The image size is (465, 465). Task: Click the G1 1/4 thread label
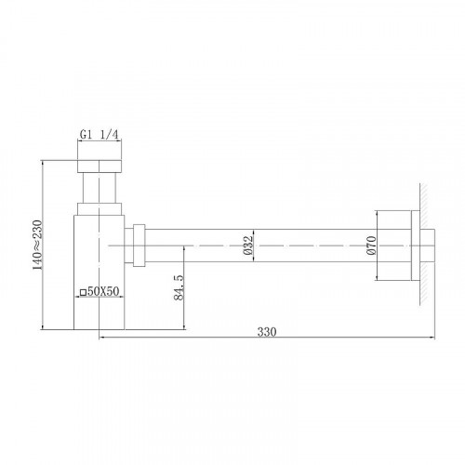[100, 134]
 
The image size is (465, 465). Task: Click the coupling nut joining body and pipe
[139, 244]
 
